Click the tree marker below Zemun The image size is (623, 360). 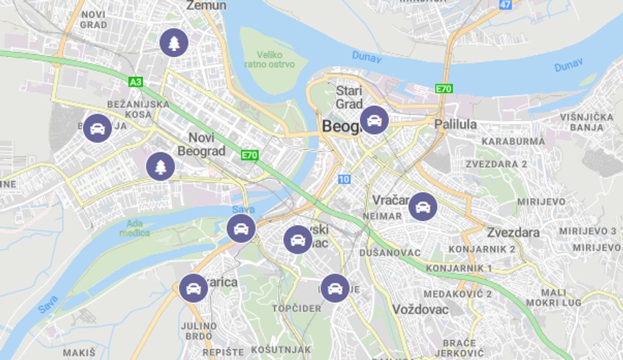(174, 43)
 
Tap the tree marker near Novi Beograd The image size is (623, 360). (161, 166)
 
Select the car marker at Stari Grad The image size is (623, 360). (374, 120)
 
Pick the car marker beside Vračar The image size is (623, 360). (423, 206)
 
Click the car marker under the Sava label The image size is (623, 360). (241, 229)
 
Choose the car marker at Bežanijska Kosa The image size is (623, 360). (97, 128)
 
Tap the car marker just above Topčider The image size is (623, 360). (334, 288)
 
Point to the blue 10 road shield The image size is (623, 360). (344, 179)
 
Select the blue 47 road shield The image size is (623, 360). (505, 4)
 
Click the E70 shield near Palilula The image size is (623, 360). (443, 89)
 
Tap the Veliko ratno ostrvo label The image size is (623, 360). (276, 59)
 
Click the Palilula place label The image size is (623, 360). (455, 124)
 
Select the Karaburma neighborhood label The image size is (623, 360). (513, 141)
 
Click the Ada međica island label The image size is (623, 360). (134, 228)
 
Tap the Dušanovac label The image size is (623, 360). (390, 253)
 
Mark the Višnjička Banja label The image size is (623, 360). (586, 122)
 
